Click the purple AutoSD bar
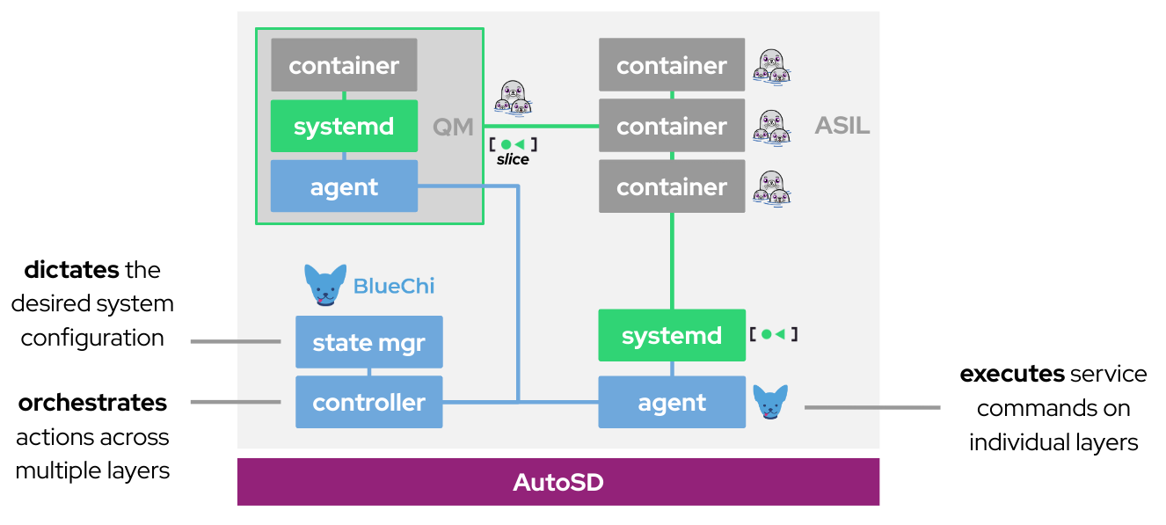point(557,482)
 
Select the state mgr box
point(368,342)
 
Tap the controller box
point(368,403)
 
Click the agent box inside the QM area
point(344,186)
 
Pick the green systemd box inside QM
point(344,126)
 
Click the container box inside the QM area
point(344,65)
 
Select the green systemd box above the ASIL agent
point(671,335)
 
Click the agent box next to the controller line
point(671,403)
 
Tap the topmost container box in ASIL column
point(671,65)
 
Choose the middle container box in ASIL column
point(671,126)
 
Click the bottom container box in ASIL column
point(671,186)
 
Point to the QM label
point(453,127)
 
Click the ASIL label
point(842,126)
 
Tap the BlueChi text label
point(394,286)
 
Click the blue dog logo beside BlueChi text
point(324,284)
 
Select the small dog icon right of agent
point(770,402)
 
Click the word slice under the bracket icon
point(513,159)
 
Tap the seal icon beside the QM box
point(512,98)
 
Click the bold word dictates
point(71,269)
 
